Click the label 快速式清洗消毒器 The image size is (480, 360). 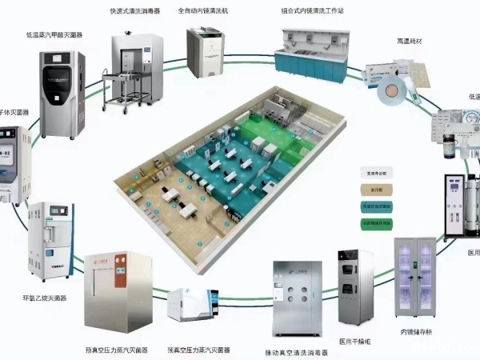pos(134,12)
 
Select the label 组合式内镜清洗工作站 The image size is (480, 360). pos(313,12)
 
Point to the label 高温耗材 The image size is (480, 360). pos(409,41)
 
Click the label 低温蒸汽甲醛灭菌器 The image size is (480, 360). pos(54,35)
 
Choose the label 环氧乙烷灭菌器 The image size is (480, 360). pos(45,298)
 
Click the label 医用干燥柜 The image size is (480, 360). pos(354,341)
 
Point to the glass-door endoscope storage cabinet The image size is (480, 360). pos(416,276)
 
